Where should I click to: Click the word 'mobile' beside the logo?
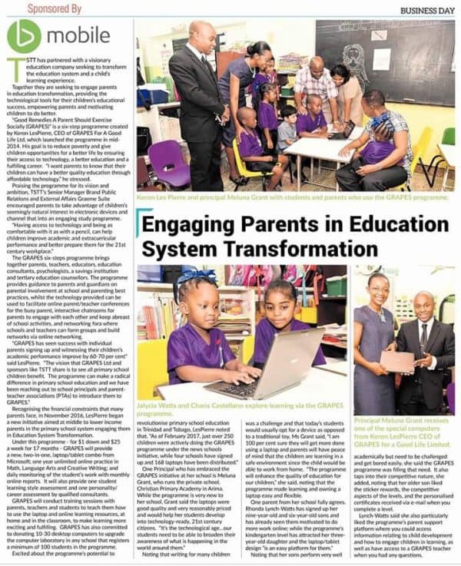point(78,36)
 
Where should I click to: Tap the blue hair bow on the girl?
point(188,277)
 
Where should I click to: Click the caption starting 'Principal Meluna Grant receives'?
point(403,438)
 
